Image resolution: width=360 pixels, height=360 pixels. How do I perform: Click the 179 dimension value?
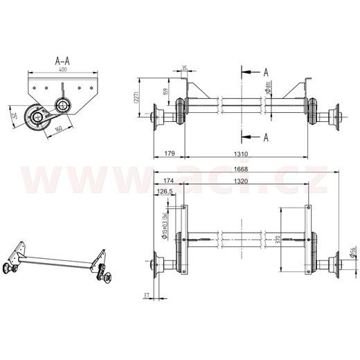[169, 154]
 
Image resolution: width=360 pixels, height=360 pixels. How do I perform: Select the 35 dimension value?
[183, 67]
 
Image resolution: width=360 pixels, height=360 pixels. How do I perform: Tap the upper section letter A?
[265, 71]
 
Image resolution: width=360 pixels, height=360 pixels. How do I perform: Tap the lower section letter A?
[265, 137]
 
